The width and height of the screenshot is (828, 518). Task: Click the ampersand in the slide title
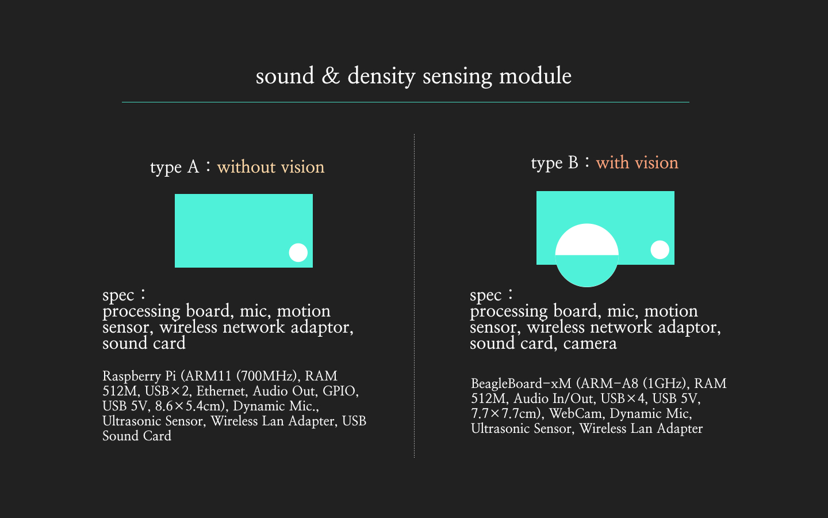tap(331, 75)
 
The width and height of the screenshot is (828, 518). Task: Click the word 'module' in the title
tap(535, 75)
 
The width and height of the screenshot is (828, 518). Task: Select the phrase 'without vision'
tap(271, 167)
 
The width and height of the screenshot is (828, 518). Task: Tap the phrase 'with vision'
tap(637, 162)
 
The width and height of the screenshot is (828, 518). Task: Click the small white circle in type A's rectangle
tap(298, 252)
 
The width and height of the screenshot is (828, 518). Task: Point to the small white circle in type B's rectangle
tap(660, 249)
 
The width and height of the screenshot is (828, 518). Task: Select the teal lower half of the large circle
tap(586, 269)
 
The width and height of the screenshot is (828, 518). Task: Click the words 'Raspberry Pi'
tap(139, 376)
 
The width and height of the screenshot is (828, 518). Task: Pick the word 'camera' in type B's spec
tap(590, 344)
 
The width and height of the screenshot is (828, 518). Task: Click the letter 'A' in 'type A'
tap(193, 167)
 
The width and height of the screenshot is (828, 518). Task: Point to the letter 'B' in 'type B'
tap(573, 162)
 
